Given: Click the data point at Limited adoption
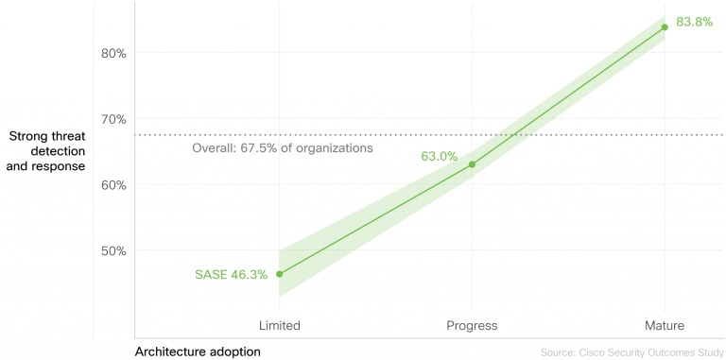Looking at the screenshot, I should click(x=279, y=274).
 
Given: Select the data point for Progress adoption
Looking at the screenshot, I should click(x=472, y=164).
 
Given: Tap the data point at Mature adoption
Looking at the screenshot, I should click(x=665, y=27).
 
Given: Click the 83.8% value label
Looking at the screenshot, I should click(x=694, y=21).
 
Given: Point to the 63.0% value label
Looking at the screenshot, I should click(x=440, y=156).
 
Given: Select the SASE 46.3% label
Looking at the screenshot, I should click(x=231, y=275).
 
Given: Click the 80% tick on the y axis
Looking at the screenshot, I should click(x=113, y=53).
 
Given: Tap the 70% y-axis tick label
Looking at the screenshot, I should click(x=113, y=119).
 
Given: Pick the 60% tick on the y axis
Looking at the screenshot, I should click(x=113, y=185).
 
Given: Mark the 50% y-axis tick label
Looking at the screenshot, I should click(x=113, y=251).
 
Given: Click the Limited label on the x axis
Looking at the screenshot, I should click(x=280, y=326).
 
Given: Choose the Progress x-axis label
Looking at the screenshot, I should click(x=472, y=326).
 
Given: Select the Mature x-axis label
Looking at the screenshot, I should click(x=665, y=326).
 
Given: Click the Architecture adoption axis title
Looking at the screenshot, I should click(x=198, y=351).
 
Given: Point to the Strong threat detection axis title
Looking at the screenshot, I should click(x=46, y=151).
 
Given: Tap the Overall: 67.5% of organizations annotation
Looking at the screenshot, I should click(x=283, y=148).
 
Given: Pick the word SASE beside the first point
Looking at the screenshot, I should click(x=211, y=275).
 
